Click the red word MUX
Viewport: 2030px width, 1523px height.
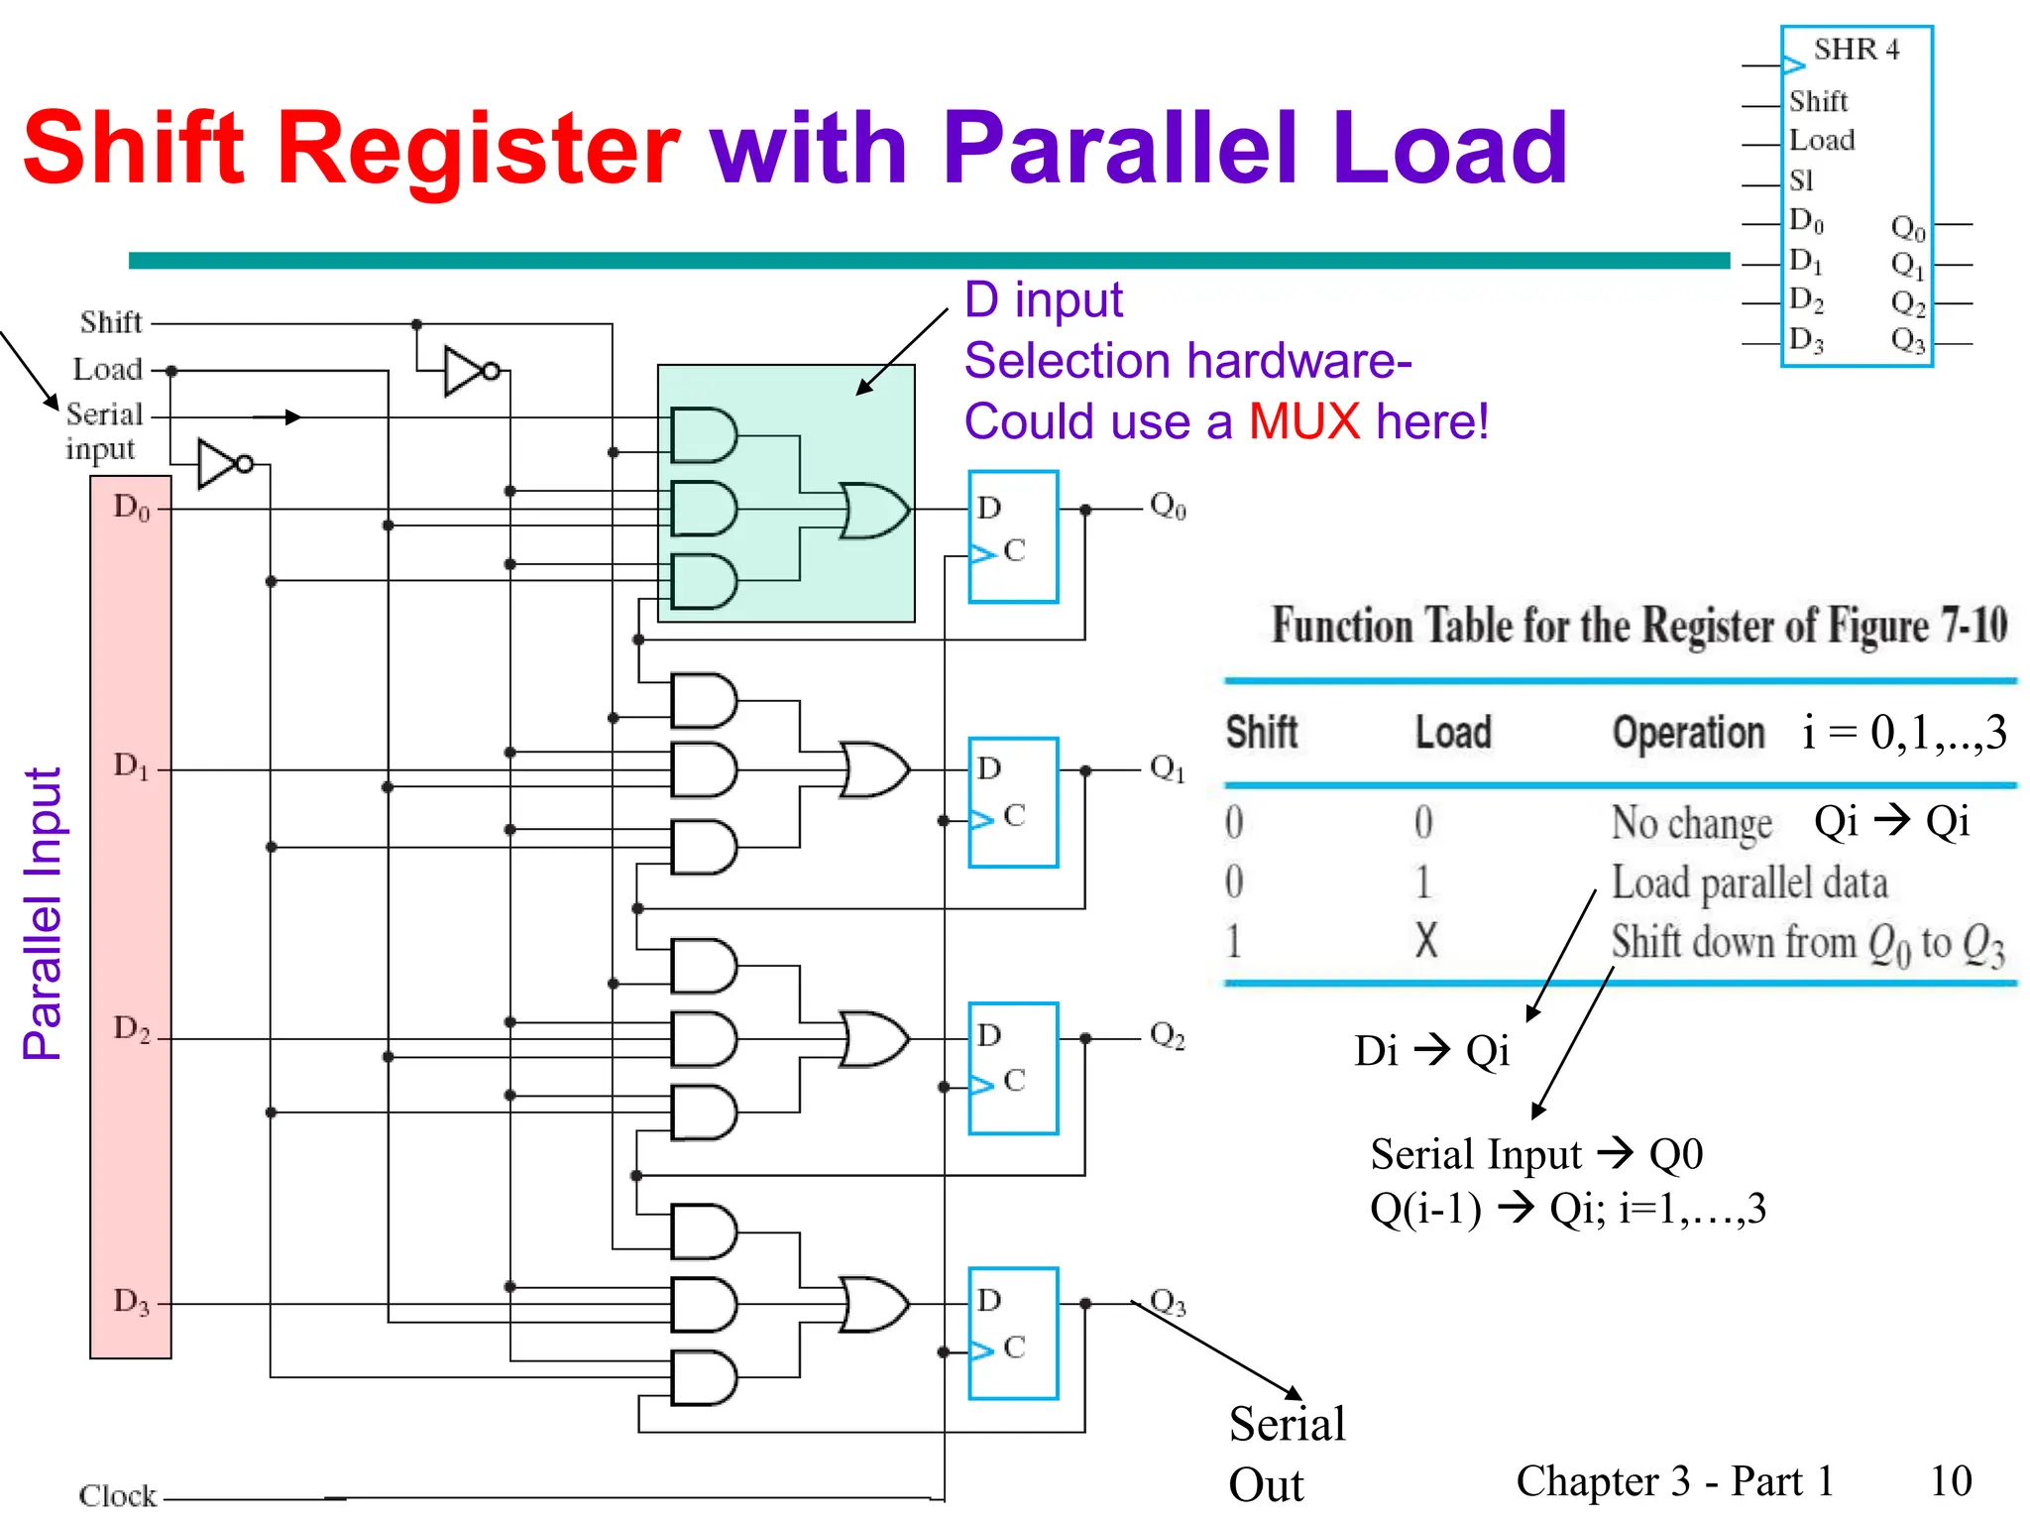click(x=1303, y=421)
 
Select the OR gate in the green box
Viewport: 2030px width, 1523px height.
click(x=872, y=511)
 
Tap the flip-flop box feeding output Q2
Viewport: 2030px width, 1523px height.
click(x=1013, y=1068)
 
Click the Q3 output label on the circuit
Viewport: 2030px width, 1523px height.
click(x=1168, y=1302)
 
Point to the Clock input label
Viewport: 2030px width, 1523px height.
click(x=117, y=1495)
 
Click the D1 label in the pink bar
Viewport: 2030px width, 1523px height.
click(x=131, y=766)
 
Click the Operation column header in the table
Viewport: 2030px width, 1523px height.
click(x=1688, y=734)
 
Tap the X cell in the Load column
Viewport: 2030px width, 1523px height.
click(x=1425, y=940)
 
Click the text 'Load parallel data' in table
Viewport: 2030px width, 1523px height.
click(x=1748, y=882)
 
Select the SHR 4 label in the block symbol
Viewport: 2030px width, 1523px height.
click(x=1856, y=50)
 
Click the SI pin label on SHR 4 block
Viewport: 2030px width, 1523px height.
click(x=1801, y=180)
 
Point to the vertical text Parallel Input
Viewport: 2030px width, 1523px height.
click(x=43, y=912)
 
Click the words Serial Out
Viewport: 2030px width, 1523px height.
click(x=1286, y=1454)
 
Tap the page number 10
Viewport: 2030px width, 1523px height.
click(x=1950, y=1480)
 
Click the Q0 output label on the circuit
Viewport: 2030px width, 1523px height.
click(x=1168, y=507)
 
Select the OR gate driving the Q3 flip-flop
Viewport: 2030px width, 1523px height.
click(x=872, y=1304)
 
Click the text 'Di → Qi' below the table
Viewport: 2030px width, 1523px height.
click(x=1431, y=1051)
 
